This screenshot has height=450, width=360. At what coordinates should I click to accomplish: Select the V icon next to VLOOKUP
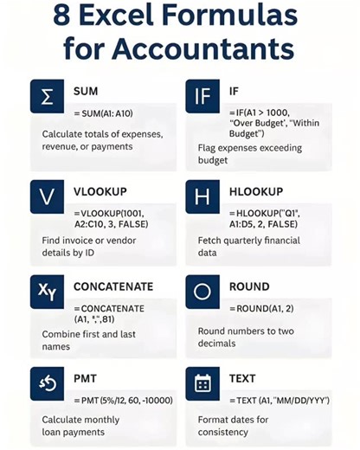[48, 197]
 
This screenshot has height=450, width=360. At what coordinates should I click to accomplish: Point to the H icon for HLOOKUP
[202, 197]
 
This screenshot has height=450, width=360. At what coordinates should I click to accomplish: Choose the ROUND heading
[249, 286]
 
